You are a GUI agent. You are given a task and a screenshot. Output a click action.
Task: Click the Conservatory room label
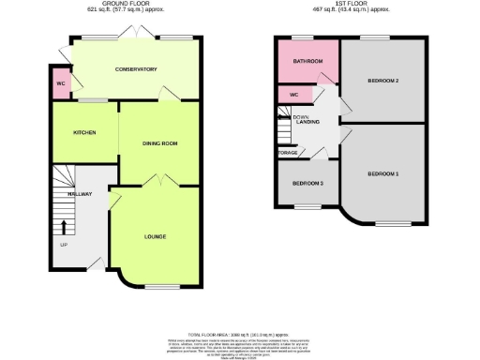point(136,69)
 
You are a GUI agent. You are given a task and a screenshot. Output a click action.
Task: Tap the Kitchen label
point(85,132)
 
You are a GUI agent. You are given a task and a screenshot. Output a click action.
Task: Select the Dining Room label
point(159,143)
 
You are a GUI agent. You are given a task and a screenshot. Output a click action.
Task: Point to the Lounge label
point(156,235)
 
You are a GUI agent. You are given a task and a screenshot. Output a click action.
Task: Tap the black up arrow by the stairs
point(64,226)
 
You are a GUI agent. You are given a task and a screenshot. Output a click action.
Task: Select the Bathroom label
point(307,62)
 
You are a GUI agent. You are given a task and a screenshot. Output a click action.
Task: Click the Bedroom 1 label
point(383,174)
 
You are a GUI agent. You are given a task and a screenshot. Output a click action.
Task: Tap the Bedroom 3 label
point(307,183)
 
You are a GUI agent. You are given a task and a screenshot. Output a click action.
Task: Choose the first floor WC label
point(293,95)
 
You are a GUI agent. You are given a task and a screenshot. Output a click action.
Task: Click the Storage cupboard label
point(288,153)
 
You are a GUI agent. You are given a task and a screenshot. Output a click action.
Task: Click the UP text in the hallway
point(64,246)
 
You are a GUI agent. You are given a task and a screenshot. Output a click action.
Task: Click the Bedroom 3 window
point(306,205)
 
